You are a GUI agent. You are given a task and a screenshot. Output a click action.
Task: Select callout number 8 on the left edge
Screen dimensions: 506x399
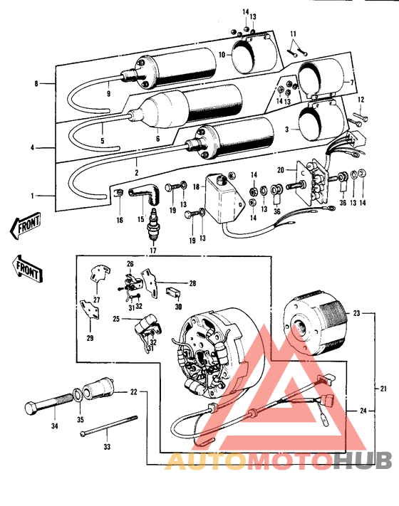click(36, 84)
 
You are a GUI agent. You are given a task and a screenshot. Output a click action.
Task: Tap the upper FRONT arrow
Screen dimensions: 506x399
click(25, 227)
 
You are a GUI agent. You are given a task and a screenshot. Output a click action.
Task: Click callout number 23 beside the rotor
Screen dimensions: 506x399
click(357, 312)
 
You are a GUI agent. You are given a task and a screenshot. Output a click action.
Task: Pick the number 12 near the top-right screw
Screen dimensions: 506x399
click(360, 99)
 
